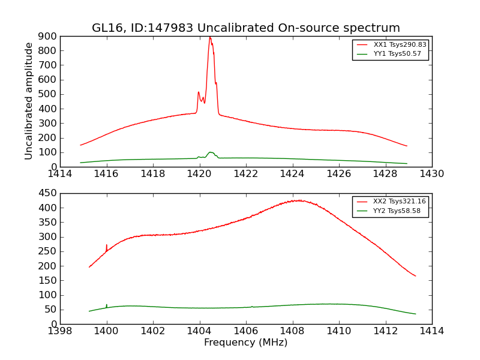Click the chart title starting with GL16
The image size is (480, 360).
coord(245,28)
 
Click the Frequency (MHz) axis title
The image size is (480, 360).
coord(245,343)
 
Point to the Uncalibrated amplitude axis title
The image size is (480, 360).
coord(29,101)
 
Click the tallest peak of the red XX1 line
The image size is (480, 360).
coord(209,37)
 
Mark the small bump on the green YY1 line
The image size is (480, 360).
coord(211,152)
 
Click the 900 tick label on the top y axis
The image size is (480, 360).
coord(49,36)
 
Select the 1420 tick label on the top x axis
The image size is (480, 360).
coord(199,175)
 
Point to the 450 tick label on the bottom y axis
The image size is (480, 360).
coord(49,193)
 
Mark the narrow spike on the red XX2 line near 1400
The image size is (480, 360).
coord(106,245)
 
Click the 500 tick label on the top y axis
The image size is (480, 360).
coord(49,94)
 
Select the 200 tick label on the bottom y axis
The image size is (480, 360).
coord(49,266)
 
